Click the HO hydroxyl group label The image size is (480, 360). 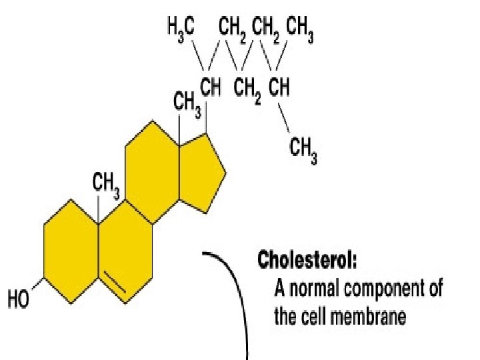pyautogui.click(x=19, y=301)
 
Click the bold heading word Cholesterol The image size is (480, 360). pyautogui.click(x=307, y=259)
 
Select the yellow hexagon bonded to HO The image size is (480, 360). pyautogui.click(x=71, y=252)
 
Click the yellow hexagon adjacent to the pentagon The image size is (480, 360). pyautogui.click(x=152, y=171)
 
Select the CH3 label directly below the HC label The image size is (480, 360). pyautogui.click(x=303, y=151)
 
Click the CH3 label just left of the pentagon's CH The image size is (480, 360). pyautogui.click(x=187, y=103)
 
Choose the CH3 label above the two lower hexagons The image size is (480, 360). pyautogui.click(x=105, y=184)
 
